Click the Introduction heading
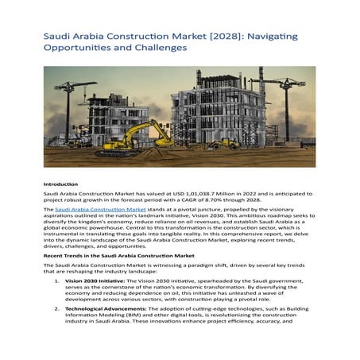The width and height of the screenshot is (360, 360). (60, 184)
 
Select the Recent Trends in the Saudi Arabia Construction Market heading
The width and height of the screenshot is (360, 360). (119, 257)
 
